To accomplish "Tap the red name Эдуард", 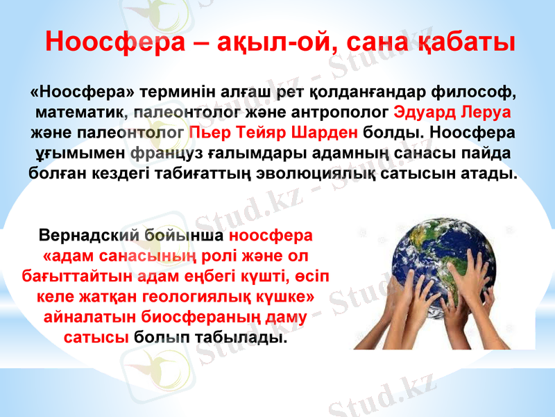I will pyautogui.click(x=422, y=112).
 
